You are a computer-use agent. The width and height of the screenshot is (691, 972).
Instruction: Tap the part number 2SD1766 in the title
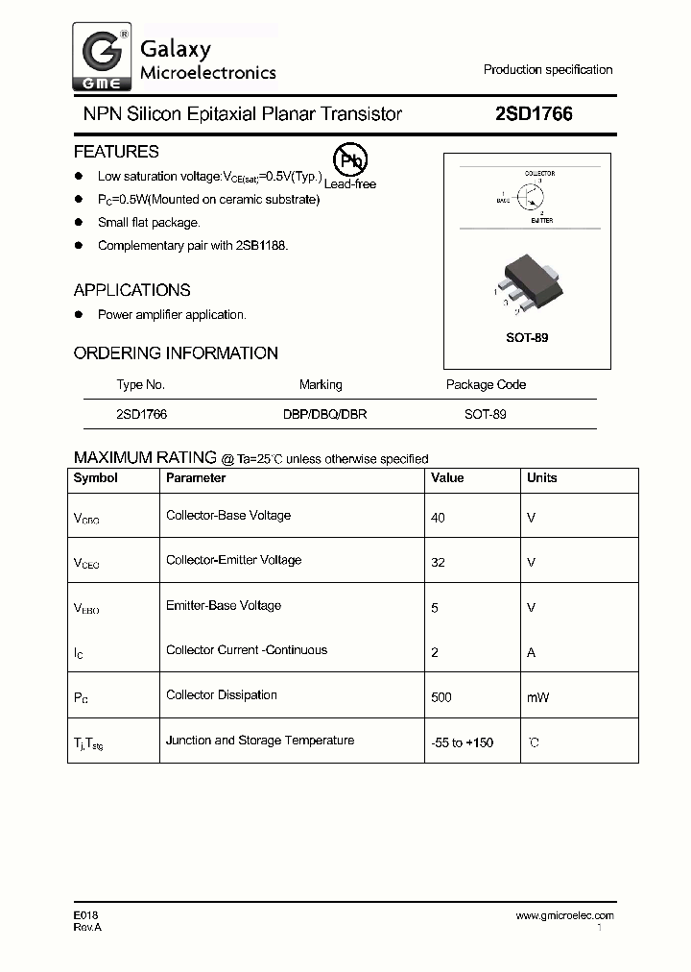pyautogui.click(x=534, y=114)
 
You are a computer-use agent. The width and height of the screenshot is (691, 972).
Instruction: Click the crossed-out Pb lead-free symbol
pyautogui.click(x=347, y=160)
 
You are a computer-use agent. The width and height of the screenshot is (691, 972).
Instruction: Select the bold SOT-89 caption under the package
pyautogui.click(x=527, y=338)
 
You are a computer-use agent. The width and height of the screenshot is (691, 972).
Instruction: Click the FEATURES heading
pyautogui.click(x=116, y=152)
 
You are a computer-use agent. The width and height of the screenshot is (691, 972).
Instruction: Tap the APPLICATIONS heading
pyautogui.click(x=131, y=290)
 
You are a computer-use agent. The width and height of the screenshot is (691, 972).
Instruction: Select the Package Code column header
pyautogui.click(x=486, y=385)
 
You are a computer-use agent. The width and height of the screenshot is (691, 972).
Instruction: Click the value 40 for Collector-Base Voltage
pyautogui.click(x=439, y=518)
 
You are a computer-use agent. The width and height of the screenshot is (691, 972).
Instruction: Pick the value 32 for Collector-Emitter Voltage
pyautogui.click(x=439, y=563)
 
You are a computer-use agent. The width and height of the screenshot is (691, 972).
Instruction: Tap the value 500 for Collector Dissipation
pyautogui.click(x=441, y=697)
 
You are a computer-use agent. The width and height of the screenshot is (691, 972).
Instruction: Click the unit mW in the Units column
pyautogui.click(x=537, y=697)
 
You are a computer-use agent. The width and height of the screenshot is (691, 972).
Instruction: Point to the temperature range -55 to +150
pyautogui.click(x=463, y=742)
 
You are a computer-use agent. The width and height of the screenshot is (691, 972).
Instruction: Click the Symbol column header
pyautogui.click(x=96, y=478)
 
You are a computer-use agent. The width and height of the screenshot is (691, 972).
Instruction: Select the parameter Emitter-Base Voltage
pyautogui.click(x=224, y=606)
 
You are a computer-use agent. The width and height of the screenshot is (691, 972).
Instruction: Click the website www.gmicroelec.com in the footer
pyautogui.click(x=564, y=916)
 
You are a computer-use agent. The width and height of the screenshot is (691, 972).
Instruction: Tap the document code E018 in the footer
pyautogui.click(x=86, y=916)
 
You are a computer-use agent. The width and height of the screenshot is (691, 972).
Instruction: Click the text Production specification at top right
pyautogui.click(x=548, y=70)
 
